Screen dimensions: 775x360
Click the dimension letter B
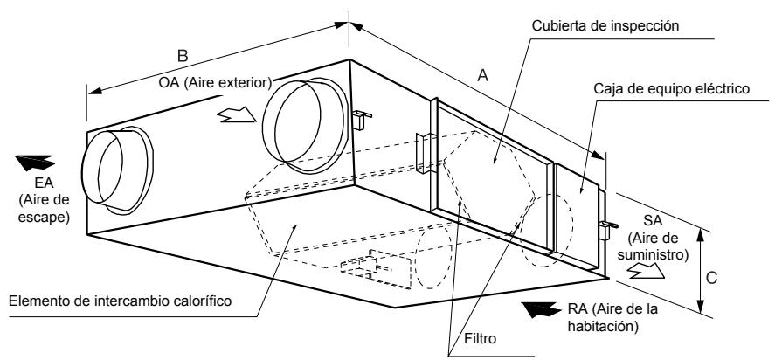tap(183, 55)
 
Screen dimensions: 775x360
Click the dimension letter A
tap(483, 75)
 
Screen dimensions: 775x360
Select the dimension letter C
tap(711, 279)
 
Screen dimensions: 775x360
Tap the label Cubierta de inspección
tap(605, 25)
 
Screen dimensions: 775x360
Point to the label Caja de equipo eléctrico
tap(672, 89)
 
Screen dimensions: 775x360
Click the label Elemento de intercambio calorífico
tap(121, 301)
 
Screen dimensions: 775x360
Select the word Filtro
tap(480, 339)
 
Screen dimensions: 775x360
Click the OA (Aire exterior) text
tap(216, 83)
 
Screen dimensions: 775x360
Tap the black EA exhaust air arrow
tap(35, 163)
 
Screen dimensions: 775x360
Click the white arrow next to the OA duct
tap(237, 114)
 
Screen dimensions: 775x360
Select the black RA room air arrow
tap(543, 309)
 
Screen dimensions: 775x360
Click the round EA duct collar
tap(117, 170)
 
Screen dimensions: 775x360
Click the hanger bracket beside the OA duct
tap(361, 119)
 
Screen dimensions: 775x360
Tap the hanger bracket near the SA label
tap(607, 228)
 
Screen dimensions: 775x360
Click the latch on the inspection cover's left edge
tap(425, 153)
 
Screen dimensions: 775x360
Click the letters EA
tap(44, 183)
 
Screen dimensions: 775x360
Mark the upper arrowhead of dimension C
tap(699, 233)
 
